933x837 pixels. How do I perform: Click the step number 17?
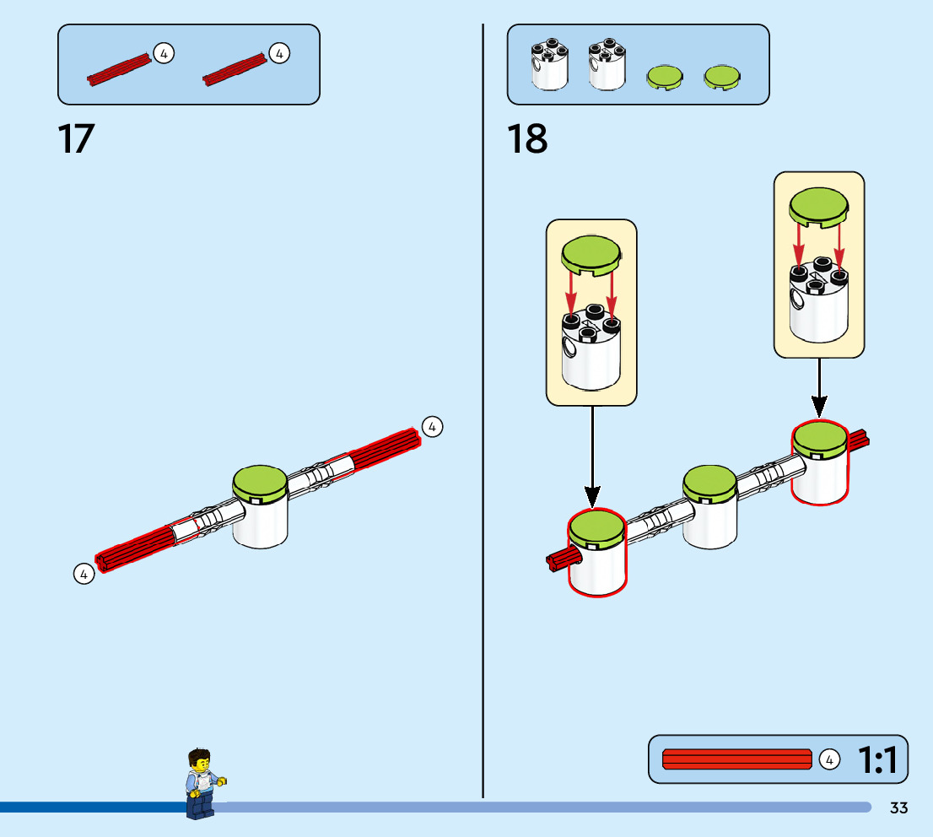point(76,139)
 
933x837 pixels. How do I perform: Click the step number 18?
point(527,139)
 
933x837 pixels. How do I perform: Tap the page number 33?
point(898,808)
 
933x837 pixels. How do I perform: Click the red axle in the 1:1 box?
point(736,759)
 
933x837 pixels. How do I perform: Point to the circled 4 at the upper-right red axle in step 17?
point(432,427)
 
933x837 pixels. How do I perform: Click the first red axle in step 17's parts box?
point(120,68)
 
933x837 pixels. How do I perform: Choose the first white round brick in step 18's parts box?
point(549,65)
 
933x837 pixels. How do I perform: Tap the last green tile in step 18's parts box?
point(722,77)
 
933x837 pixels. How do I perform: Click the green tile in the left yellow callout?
point(591,252)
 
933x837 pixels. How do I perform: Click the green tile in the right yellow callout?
point(818,206)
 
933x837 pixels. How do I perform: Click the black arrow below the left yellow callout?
point(592,456)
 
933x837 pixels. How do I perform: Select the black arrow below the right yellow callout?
point(818,388)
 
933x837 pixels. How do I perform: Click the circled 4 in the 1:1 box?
point(829,760)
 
